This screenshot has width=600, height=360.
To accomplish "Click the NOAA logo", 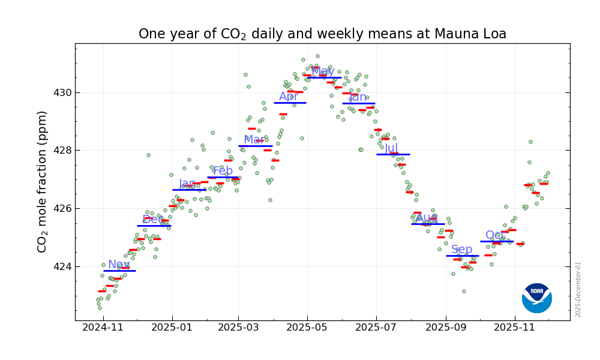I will tap(536, 298).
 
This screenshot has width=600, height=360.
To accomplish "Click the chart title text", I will tap(322, 34).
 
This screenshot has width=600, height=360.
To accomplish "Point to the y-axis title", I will tap(43, 181).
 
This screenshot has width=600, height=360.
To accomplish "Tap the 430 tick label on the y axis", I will tap(60, 93).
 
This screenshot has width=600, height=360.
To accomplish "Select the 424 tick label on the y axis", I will tap(60, 266).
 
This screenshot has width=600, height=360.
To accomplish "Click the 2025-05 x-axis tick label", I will tap(307, 328).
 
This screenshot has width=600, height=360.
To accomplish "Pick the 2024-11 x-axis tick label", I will tap(103, 328).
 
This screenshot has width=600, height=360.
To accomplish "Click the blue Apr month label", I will tap(289, 97).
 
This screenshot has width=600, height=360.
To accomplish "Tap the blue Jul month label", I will tap(391, 148).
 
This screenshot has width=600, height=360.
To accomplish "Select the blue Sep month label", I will tap(461, 250).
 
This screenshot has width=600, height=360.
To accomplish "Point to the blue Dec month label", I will tap(153, 220).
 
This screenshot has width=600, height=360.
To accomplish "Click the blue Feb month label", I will tap(223, 171).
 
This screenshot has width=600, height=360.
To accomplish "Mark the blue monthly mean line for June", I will tap(359, 103).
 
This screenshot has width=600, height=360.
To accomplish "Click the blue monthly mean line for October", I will tap(496, 241).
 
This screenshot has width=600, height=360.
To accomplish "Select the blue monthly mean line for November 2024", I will tap(119, 271).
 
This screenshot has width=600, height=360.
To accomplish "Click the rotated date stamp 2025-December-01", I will tap(578, 289).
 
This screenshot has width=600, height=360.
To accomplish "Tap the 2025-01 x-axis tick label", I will tap(172, 328).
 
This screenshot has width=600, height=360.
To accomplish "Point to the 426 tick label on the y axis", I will tap(60, 209).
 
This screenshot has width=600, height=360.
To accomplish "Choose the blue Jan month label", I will tap(187, 184).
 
